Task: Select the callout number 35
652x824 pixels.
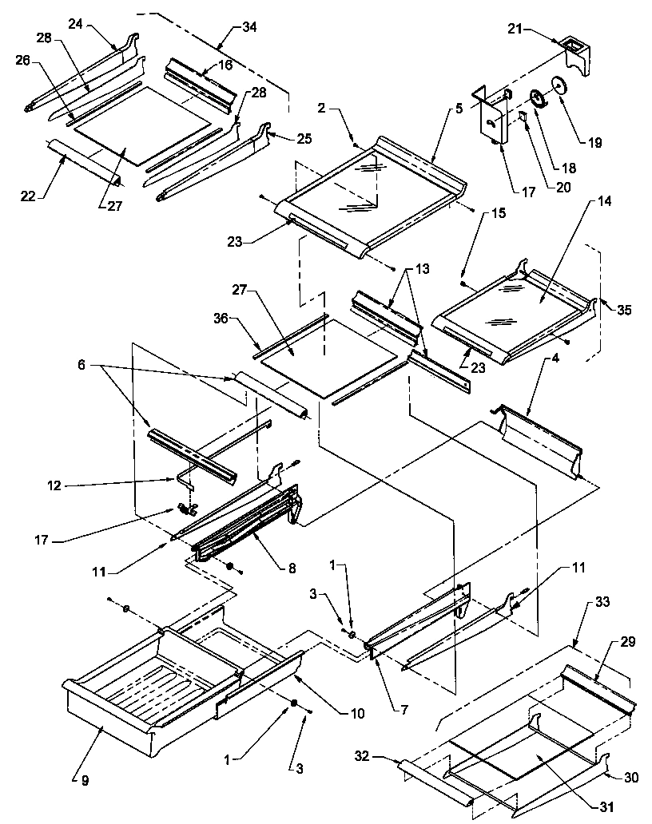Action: pos(625,311)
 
